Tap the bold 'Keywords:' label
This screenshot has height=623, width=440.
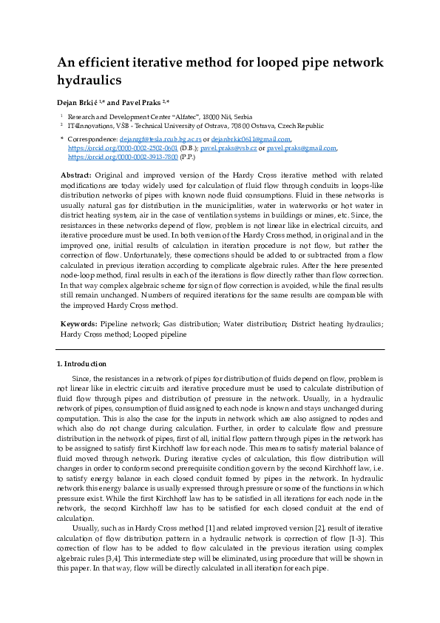(x=78, y=324)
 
